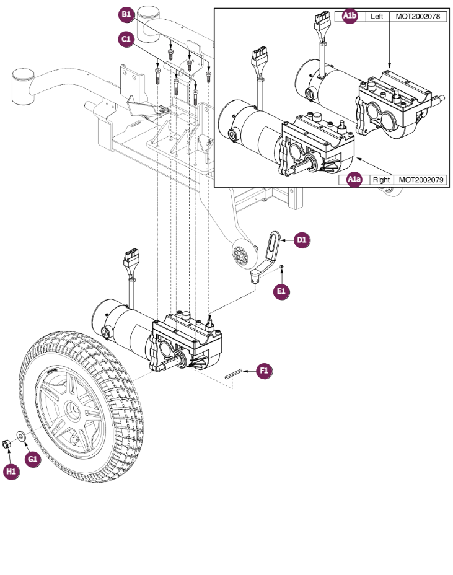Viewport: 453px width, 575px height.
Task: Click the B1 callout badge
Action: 126,14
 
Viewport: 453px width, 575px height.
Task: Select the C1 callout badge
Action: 126,39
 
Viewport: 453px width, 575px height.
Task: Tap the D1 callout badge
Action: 302,240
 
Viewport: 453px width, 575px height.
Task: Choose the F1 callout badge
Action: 263,371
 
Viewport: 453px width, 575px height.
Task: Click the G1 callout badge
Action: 32,459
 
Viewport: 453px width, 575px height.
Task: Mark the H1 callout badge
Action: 11,472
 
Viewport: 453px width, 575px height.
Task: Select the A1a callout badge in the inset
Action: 354,180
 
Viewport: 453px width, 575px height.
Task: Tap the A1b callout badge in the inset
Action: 351,17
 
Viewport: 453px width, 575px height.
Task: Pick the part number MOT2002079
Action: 422,180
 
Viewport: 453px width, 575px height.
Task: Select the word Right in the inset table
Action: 380,180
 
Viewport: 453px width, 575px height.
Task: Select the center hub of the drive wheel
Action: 73,410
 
